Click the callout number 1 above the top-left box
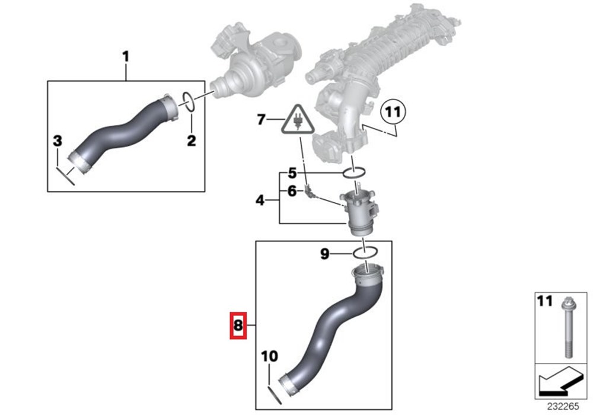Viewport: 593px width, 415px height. pyautogui.click(x=126, y=57)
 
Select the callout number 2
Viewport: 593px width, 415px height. pyautogui.click(x=192, y=141)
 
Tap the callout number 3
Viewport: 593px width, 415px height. pyautogui.click(x=57, y=141)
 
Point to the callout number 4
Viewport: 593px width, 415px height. pyautogui.click(x=260, y=200)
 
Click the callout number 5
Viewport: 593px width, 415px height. pyautogui.click(x=292, y=173)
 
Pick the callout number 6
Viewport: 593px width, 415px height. pyautogui.click(x=292, y=191)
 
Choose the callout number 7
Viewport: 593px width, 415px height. pyautogui.click(x=262, y=119)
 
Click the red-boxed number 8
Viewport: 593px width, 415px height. pyautogui.click(x=238, y=325)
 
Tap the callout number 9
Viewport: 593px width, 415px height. pyautogui.click(x=325, y=254)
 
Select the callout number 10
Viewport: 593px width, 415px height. pyautogui.click(x=270, y=356)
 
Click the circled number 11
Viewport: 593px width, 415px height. pyautogui.click(x=393, y=112)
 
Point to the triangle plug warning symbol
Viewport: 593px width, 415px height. pyautogui.click(x=298, y=120)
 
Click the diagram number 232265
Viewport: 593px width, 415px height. pyautogui.click(x=563, y=407)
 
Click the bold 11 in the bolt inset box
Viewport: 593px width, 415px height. pyautogui.click(x=545, y=301)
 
